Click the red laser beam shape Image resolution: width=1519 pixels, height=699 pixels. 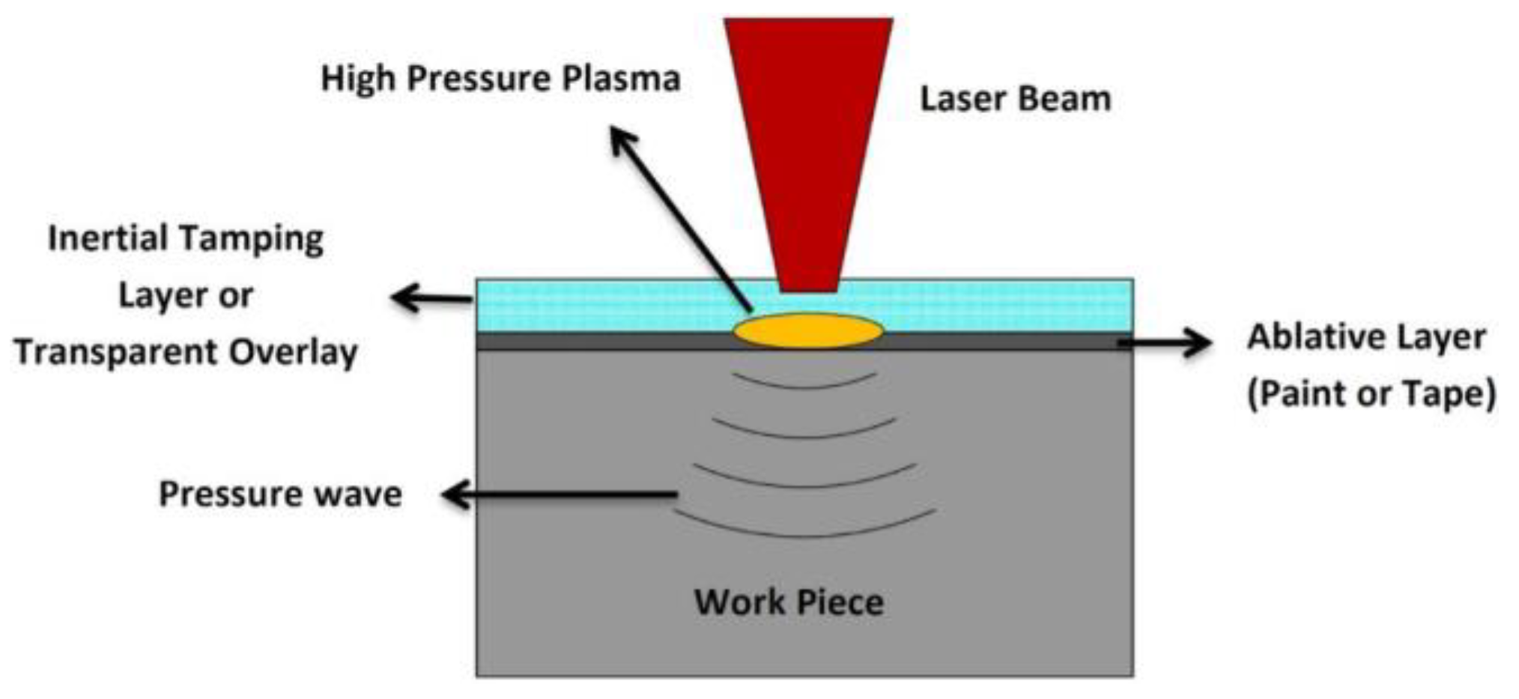click(807, 135)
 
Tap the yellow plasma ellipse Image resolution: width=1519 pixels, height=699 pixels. click(808, 330)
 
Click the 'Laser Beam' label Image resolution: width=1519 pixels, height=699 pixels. click(1015, 99)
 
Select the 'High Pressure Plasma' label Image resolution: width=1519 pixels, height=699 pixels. click(500, 79)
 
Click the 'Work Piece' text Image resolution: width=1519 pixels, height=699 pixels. click(789, 602)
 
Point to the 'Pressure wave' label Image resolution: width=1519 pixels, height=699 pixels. click(281, 494)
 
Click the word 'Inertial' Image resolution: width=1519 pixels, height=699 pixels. click(108, 239)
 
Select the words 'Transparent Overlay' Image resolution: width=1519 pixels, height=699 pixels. click(186, 352)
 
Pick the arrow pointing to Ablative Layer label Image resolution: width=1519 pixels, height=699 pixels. click(1165, 342)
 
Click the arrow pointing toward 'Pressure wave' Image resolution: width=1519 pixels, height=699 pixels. click(558, 494)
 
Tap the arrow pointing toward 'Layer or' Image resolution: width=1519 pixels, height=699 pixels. click(431, 298)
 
